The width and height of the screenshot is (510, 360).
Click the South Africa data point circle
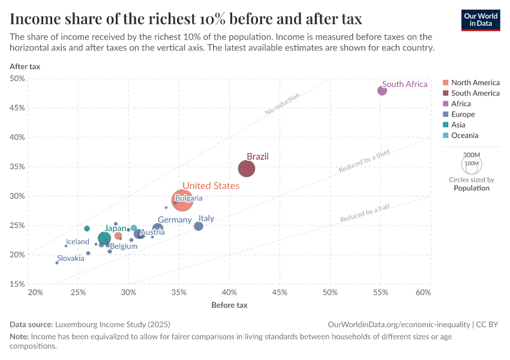382,91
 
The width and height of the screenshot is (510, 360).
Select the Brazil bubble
247,169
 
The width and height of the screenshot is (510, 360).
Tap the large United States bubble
182,200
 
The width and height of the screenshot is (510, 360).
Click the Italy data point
199,226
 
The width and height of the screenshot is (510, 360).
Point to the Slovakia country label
71,258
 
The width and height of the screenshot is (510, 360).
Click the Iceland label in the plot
77,242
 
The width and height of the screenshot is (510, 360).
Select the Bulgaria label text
189,198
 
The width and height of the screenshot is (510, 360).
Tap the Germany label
175,220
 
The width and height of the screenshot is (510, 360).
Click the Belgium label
124,246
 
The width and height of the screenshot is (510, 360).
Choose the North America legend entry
475,82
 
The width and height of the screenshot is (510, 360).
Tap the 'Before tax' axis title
229,305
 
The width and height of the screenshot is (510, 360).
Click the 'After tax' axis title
25,67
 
